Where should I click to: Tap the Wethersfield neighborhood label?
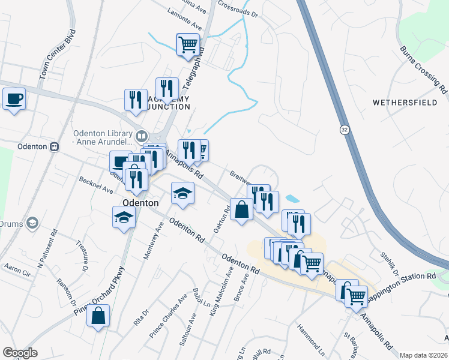click(405, 103)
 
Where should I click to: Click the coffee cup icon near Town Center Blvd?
click(14, 99)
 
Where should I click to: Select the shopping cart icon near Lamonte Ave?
click(188, 44)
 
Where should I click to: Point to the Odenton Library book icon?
click(142, 134)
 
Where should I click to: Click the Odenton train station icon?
click(55, 146)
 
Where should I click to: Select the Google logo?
click(20, 352)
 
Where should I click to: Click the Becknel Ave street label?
click(95, 185)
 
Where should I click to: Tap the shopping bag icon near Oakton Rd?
click(241, 210)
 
